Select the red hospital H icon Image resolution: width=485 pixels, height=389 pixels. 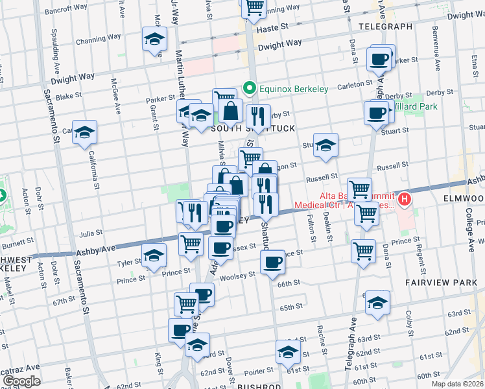tap(405, 198)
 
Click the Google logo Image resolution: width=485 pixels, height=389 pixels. tap(22, 381)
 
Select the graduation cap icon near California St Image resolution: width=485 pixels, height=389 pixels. tap(84, 133)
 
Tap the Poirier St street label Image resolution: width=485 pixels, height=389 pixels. tap(258, 371)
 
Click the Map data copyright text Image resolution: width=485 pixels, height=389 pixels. tap(457, 383)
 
